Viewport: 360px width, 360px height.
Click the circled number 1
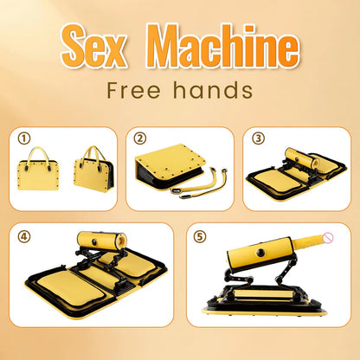23,138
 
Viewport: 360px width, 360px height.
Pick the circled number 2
140,138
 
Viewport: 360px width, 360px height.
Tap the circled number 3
257,138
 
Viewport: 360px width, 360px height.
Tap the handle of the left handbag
41,154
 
